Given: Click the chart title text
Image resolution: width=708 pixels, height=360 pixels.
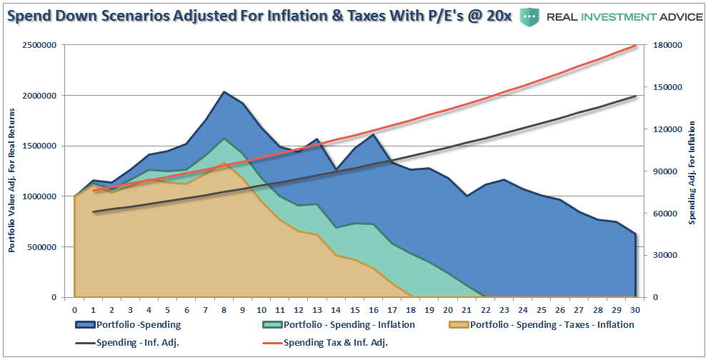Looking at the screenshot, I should [257, 16].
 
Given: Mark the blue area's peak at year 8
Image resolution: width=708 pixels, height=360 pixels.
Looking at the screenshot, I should [224, 92].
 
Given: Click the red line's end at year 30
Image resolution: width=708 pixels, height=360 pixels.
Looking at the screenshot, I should [635, 45].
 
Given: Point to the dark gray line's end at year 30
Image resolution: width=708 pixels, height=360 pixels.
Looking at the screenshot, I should [635, 96].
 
